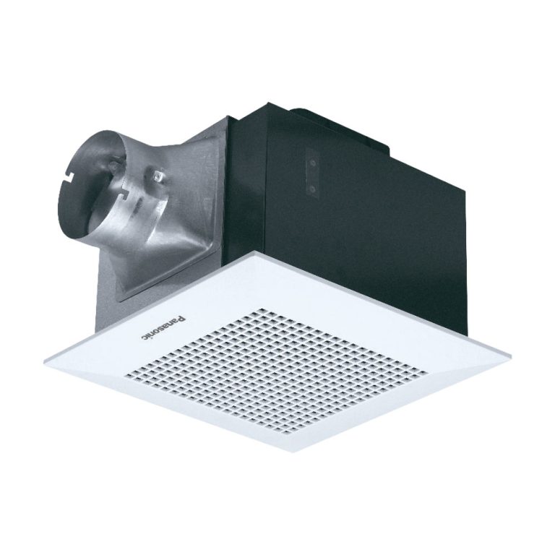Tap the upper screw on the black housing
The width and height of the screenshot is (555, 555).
[x=312, y=163]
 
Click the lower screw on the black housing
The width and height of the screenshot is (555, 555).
[x=312, y=187]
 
